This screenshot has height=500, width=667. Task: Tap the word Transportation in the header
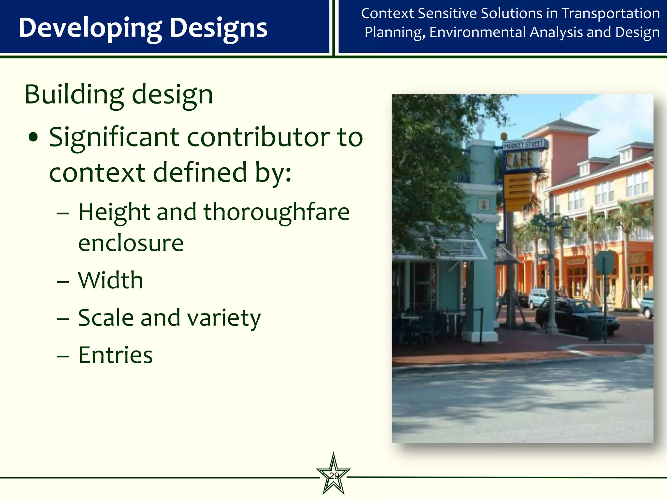611,14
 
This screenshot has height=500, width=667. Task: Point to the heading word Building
74,95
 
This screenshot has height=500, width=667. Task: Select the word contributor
258,137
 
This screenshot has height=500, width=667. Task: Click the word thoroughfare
277,212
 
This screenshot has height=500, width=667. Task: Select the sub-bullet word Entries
116,355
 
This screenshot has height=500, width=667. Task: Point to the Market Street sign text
523,144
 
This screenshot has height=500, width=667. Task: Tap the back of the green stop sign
604,262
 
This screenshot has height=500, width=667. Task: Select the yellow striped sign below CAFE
518,190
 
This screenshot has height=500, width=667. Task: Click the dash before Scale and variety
63,318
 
